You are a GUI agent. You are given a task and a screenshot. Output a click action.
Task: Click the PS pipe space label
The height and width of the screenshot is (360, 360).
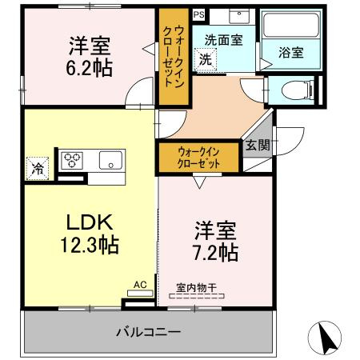pyautogui.click(x=198, y=14)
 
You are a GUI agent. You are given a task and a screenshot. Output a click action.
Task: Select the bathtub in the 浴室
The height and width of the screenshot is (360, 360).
pyautogui.click(x=291, y=25)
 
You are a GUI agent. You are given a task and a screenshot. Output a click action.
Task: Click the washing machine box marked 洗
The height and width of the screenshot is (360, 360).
pyautogui.click(x=206, y=60)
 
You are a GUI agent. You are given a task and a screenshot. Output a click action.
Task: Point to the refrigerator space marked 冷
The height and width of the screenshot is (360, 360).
pyautogui.click(x=38, y=169)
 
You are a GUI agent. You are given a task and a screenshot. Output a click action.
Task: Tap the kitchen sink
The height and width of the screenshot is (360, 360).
pyautogui.click(x=110, y=160)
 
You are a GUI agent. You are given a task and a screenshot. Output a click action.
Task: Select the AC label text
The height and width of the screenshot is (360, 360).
pyautogui.click(x=140, y=285)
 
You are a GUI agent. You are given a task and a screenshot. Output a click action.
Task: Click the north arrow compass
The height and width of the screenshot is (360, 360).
pyautogui.click(x=325, y=338)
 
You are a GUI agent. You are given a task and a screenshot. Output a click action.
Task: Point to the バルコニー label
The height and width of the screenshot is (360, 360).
pyautogui.click(x=149, y=332)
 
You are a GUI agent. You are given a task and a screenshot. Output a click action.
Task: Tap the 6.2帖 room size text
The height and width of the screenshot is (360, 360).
pyautogui.click(x=90, y=68)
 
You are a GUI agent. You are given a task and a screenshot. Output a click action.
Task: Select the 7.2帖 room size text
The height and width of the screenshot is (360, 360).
pyautogui.click(x=215, y=253)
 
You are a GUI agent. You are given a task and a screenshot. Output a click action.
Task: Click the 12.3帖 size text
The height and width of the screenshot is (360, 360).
pyautogui.click(x=90, y=245)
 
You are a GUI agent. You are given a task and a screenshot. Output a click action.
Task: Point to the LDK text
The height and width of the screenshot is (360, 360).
pyautogui.click(x=90, y=222)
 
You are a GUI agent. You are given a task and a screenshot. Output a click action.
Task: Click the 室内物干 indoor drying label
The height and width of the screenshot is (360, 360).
pyautogui.click(x=196, y=288)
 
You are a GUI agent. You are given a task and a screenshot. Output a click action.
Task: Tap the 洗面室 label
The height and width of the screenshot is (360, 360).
pyautogui.click(x=223, y=40)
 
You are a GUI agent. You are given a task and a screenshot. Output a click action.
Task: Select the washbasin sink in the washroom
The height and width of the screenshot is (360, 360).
pyautogui.click(x=239, y=16)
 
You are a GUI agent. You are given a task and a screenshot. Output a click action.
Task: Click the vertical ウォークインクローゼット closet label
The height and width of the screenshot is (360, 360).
pyautogui.click(x=174, y=57)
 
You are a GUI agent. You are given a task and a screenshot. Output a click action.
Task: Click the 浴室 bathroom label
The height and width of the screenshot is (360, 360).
pyautogui.click(x=291, y=52)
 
